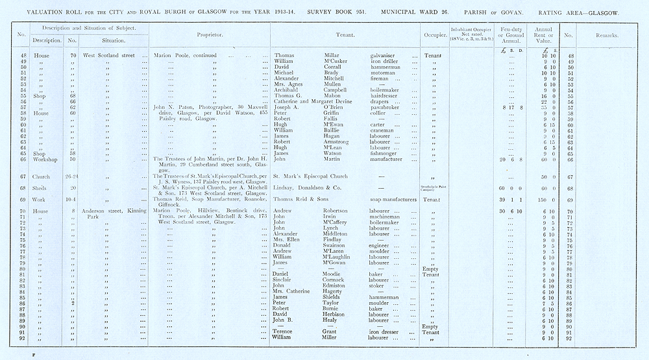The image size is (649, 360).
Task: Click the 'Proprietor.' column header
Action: pyautogui.click(x=209, y=36)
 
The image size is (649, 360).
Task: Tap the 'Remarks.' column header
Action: pyautogui.click(x=606, y=36)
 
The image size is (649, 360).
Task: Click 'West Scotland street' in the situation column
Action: pyautogui.click(x=108, y=56)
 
